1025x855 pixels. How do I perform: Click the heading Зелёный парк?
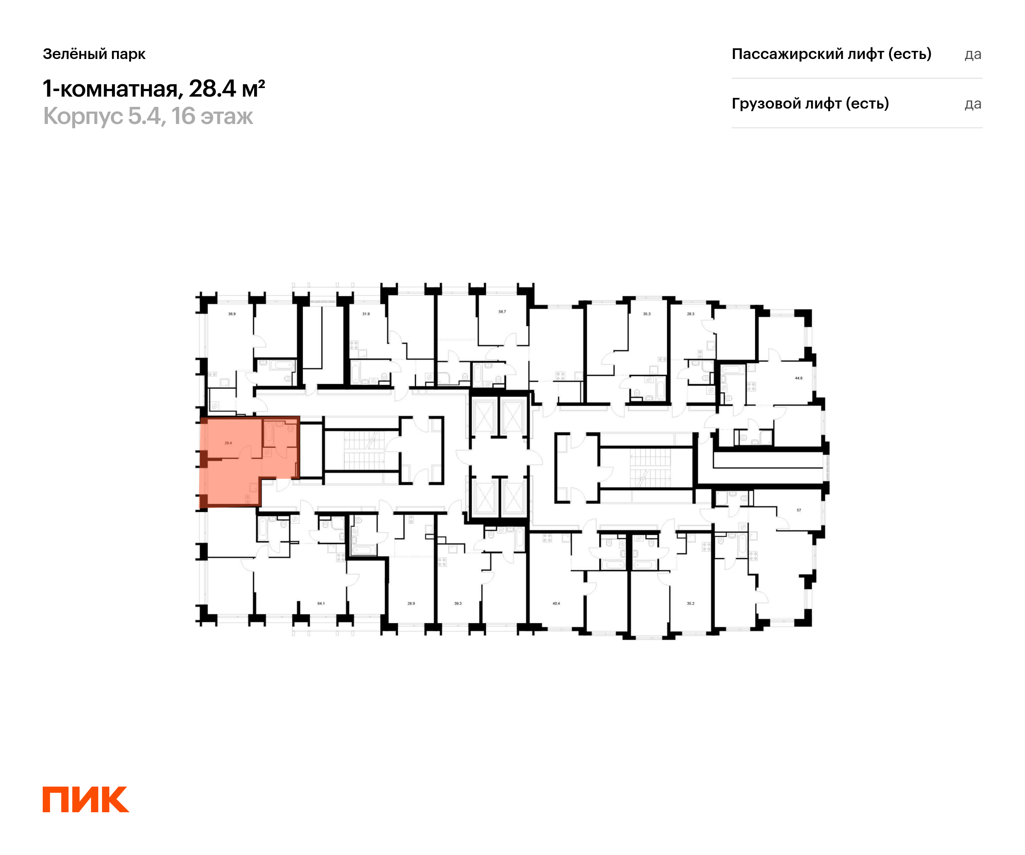click(x=94, y=54)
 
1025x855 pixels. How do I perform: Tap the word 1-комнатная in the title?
click(x=111, y=89)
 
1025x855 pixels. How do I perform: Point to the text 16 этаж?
click(x=212, y=116)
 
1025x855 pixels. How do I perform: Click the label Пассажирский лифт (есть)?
click(x=831, y=54)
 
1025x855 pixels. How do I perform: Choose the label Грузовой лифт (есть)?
click(x=810, y=103)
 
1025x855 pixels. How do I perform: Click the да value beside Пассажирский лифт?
click(x=973, y=54)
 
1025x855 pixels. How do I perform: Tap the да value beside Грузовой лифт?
click(x=973, y=104)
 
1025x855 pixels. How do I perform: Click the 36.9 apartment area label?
click(x=232, y=314)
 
